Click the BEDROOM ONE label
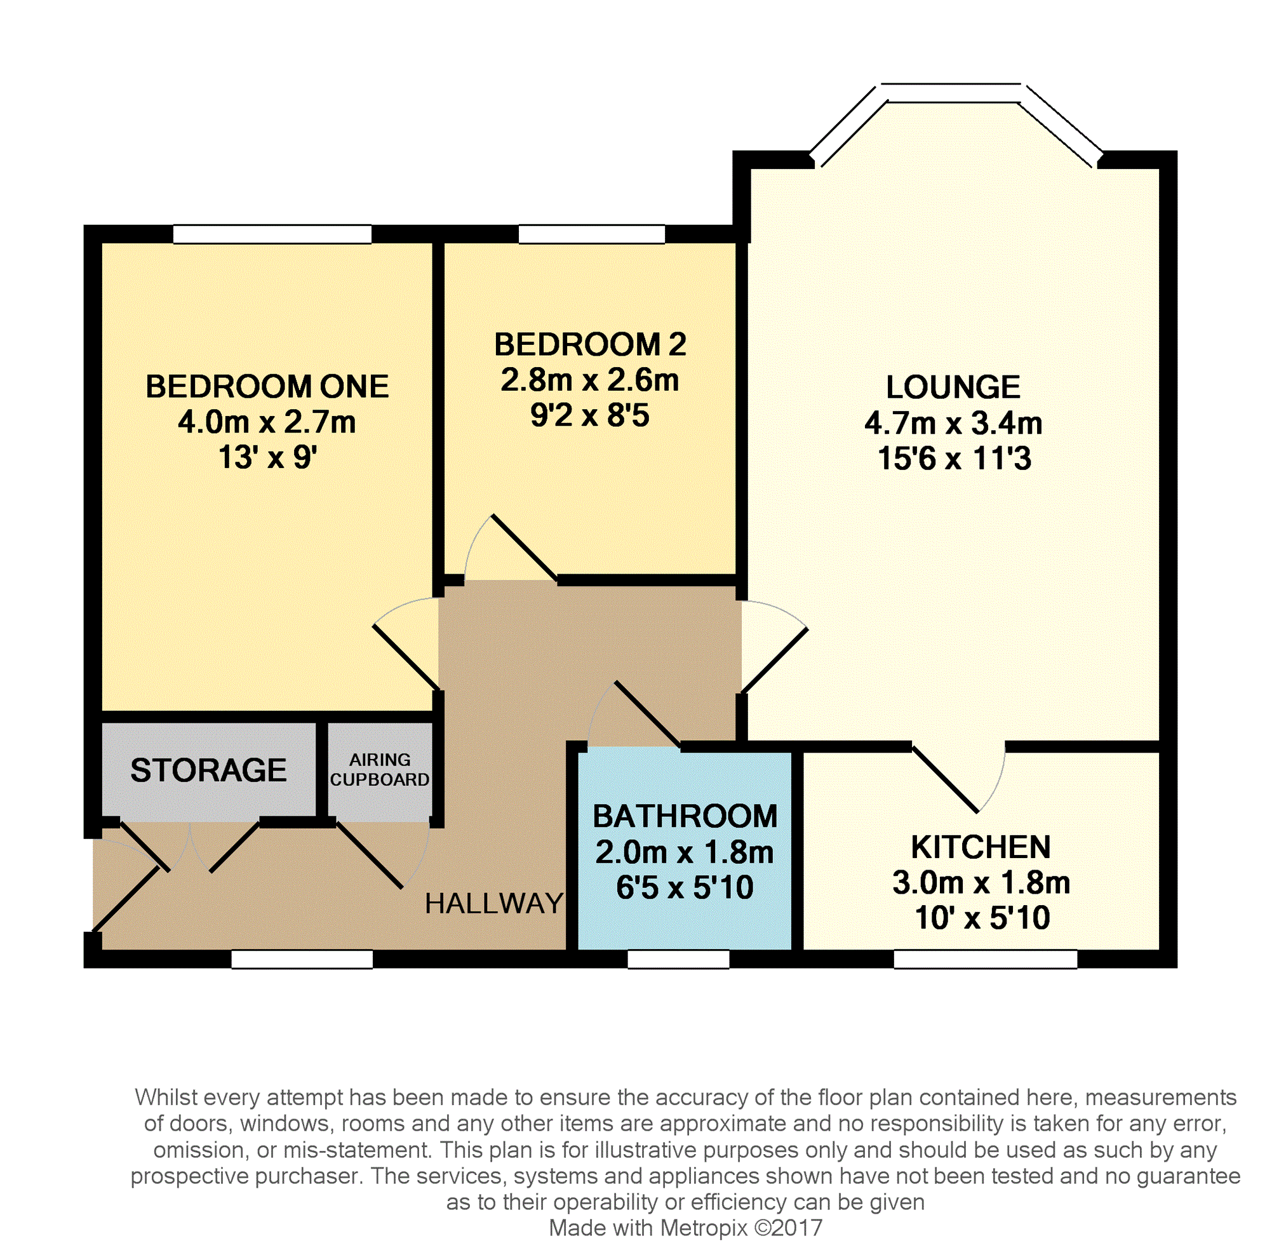267,387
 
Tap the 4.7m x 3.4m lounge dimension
953,424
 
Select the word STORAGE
208,770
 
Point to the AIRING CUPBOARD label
379,769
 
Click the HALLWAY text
493,904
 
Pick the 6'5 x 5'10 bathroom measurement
685,887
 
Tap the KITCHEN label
981,847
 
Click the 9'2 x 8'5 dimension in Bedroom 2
589,415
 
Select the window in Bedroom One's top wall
272,234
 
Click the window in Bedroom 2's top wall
591,234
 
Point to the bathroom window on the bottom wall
678,960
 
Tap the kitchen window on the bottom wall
985,960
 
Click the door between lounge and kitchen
946,779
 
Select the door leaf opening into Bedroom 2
524,548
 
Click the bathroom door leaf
646,715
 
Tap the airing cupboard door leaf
369,855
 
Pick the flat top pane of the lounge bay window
951,93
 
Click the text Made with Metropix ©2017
685,1228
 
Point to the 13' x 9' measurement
267,457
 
